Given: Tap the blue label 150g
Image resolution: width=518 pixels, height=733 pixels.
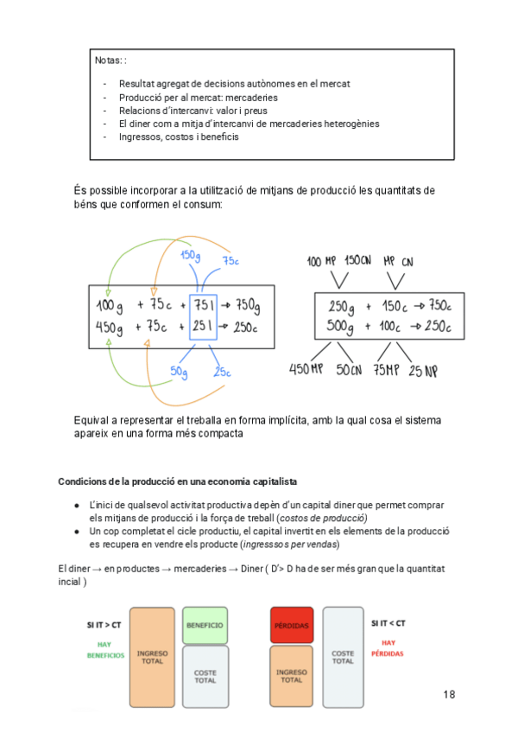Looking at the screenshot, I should pos(191,256).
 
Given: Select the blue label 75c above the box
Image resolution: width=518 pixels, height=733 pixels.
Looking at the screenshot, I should pos(231,261).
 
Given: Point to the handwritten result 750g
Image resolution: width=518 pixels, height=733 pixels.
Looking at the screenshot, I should pos(247,307).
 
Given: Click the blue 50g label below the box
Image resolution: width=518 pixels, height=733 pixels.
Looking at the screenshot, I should pos(179,371).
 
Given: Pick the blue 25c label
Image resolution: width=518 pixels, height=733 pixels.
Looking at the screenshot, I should pos(222,373).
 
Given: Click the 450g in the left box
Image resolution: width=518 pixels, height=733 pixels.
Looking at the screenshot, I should pos(111,328).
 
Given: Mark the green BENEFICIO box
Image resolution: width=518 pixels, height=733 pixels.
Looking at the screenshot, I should pos(205,625).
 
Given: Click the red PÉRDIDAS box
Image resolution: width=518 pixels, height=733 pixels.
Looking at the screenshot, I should pos(291,625).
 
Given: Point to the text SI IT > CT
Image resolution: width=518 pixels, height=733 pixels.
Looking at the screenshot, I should pos(104,624).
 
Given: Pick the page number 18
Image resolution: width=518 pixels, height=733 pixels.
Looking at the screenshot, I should pos(449,694).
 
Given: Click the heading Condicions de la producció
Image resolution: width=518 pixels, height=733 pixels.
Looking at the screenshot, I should pos(178,481).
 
